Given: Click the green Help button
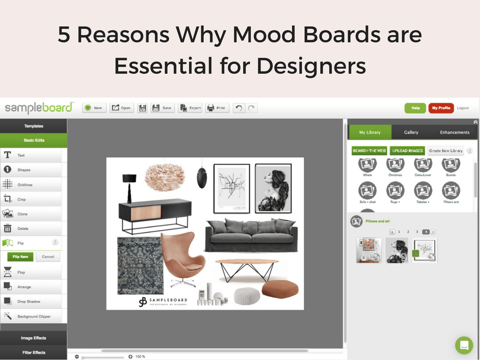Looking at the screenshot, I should [415, 108].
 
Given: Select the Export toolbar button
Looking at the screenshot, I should [190, 108].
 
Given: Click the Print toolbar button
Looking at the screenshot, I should [217, 108].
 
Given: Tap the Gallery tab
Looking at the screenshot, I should [411, 132].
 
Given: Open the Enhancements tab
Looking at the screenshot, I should [454, 132].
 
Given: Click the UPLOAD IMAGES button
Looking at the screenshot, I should [407, 150].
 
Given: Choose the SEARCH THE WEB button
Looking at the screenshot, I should [369, 150].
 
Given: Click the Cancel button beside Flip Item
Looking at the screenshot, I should [48, 256].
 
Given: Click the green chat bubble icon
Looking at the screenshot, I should [464, 345].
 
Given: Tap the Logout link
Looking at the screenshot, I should [463, 108].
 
